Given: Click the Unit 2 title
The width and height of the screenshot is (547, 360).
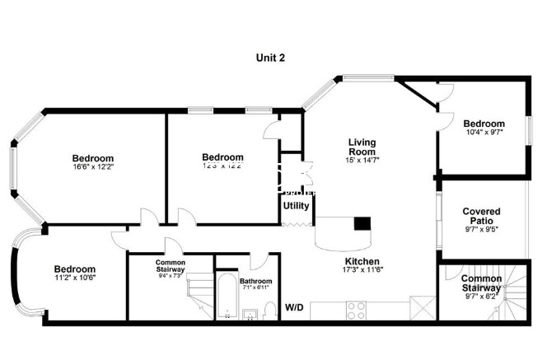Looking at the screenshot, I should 269,58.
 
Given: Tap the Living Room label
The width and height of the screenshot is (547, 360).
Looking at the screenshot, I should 362,147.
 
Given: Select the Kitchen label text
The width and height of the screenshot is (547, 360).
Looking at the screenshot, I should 362,262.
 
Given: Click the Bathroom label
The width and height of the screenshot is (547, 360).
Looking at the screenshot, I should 255,281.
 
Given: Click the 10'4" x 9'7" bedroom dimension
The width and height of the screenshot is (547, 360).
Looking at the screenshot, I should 484,132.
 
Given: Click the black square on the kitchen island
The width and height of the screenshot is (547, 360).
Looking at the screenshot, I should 362,222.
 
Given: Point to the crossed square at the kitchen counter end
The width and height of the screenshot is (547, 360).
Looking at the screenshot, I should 421,310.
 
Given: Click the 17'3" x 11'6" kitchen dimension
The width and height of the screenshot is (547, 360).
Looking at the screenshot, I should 362,271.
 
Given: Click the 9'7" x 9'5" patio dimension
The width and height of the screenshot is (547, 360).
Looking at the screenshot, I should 481,229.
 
